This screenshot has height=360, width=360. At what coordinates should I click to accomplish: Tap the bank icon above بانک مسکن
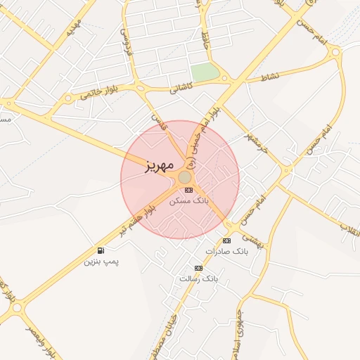(188, 190)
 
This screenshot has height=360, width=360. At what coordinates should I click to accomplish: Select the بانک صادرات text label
(228, 251)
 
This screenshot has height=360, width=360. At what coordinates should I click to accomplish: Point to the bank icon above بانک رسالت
(198, 268)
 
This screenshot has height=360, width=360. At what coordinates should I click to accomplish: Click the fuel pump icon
(101, 250)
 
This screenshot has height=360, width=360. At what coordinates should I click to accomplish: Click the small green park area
(204, 72)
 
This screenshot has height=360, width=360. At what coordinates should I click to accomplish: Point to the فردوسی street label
(126, 42)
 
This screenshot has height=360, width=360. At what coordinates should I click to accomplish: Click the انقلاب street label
(349, 227)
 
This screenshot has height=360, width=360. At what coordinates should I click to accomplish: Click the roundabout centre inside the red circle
(185, 177)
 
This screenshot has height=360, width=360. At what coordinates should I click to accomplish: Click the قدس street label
(158, 120)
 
